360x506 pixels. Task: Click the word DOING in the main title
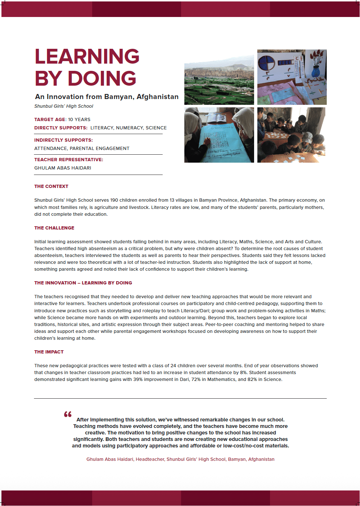coord(102,78)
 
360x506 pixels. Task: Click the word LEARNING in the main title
coord(87,57)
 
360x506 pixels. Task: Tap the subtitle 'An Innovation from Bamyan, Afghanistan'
coord(107,97)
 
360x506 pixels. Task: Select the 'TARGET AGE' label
coord(50,120)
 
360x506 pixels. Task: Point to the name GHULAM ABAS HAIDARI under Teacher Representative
coord(63,168)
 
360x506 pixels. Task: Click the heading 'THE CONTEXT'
coord(51,186)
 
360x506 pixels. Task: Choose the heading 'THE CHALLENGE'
coord(54,228)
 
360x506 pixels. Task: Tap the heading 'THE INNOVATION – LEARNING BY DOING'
coord(83,283)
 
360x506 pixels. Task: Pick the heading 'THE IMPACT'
coord(49,352)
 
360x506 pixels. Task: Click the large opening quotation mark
coord(68,414)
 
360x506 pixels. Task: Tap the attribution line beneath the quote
coord(180,459)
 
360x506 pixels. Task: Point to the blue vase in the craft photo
coord(316,70)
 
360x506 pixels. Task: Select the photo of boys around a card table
coord(291,135)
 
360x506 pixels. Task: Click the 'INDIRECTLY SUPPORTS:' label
coord(64,140)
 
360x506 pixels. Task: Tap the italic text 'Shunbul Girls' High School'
coord(64,106)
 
